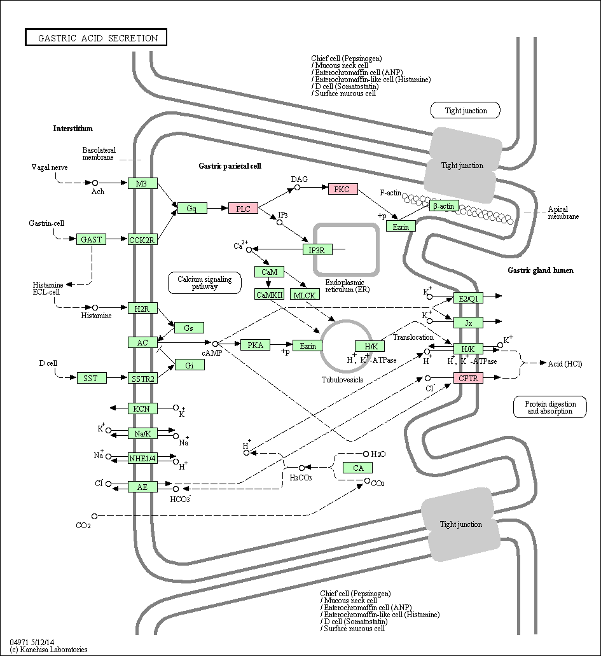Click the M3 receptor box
click(142, 183)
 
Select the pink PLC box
click(243, 208)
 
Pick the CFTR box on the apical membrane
click(469, 378)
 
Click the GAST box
click(91, 239)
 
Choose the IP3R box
click(317, 250)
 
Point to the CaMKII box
click(270, 295)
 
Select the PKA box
click(256, 345)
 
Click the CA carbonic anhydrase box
click(357, 468)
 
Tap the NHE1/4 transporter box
click(142, 459)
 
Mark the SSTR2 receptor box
click(142, 379)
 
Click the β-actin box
click(444, 206)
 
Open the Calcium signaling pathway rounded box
click(205, 283)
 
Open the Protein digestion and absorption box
click(550, 407)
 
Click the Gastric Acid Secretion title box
click(96, 38)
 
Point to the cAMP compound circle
click(216, 344)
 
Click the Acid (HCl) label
click(565, 363)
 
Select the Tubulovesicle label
click(343, 380)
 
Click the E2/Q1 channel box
click(469, 298)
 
